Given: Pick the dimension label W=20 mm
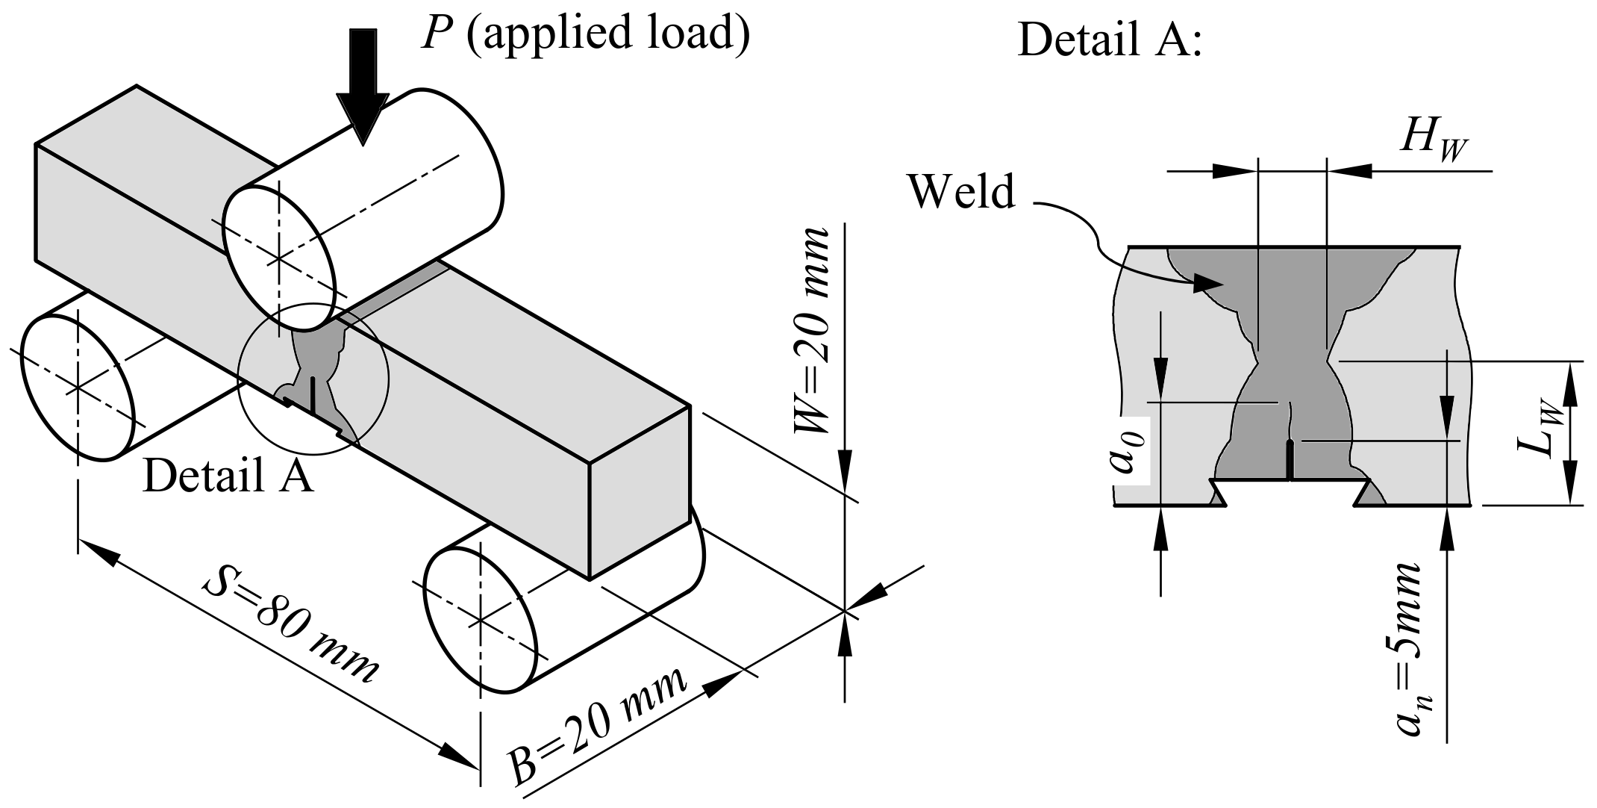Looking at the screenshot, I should (811, 331).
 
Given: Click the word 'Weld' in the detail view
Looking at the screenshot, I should (961, 191).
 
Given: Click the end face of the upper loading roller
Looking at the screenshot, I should (280, 258).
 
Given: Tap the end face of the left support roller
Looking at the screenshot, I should (78, 388).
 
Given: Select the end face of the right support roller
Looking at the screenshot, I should (481, 619).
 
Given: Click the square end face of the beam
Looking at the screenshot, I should (640, 493).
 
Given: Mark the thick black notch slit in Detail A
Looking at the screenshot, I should (1290, 461).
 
